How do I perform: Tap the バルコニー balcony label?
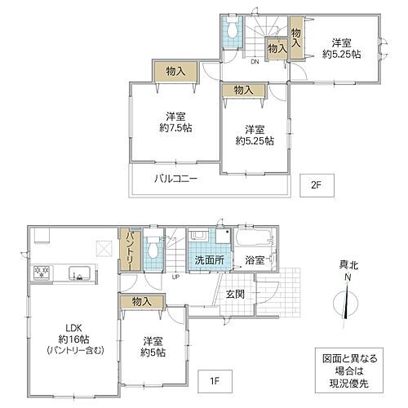175,180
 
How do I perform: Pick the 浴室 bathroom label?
254,261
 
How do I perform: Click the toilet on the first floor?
153,249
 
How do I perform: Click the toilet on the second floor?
230,30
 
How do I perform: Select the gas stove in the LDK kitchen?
42,272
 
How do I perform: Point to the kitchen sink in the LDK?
79,273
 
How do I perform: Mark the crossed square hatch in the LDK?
104,250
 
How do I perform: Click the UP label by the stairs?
176,277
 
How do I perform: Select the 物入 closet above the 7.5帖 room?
175,72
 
